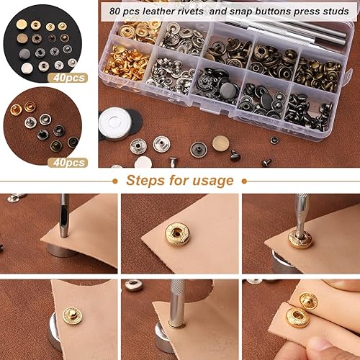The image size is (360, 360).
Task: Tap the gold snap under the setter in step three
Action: (300, 238)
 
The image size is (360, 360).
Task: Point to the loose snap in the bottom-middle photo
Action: (133, 285)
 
